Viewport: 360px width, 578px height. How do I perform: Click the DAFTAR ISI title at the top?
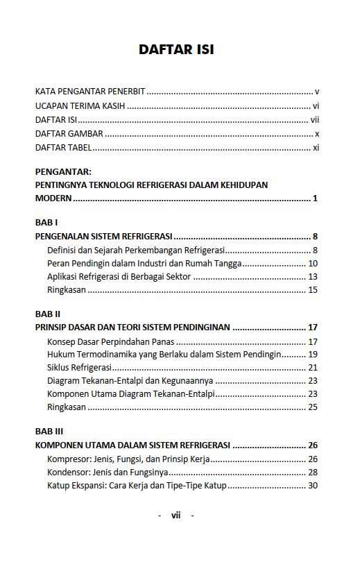(176, 49)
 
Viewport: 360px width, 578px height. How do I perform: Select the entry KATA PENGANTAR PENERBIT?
(90, 92)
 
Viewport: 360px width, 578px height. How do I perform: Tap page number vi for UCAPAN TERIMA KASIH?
(315, 106)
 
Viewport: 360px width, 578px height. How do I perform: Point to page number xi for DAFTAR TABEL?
(315, 148)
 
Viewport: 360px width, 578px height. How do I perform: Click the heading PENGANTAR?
(63, 171)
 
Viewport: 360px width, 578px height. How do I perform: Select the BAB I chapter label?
(46, 223)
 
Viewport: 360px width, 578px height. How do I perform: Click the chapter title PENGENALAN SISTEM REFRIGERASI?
(103, 237)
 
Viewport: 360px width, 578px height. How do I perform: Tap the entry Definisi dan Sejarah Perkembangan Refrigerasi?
(137, 250)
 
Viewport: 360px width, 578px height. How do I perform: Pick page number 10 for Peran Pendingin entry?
(313, 264)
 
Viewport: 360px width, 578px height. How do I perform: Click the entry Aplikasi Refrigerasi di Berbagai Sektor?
(119, 277)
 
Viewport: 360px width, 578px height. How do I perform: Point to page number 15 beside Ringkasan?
(313, 290)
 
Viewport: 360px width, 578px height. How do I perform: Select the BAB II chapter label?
(47, 314)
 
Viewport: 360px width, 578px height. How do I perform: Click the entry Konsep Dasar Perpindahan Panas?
(111, 341)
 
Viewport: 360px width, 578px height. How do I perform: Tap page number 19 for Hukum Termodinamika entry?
(313, 355)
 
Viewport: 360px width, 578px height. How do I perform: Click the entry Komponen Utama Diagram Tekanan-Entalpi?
(130, 394)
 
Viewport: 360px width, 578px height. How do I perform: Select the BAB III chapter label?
(49, 431)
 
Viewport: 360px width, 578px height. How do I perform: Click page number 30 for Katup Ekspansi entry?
(313, 486)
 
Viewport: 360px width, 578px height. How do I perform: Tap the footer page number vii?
(175, 515)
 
